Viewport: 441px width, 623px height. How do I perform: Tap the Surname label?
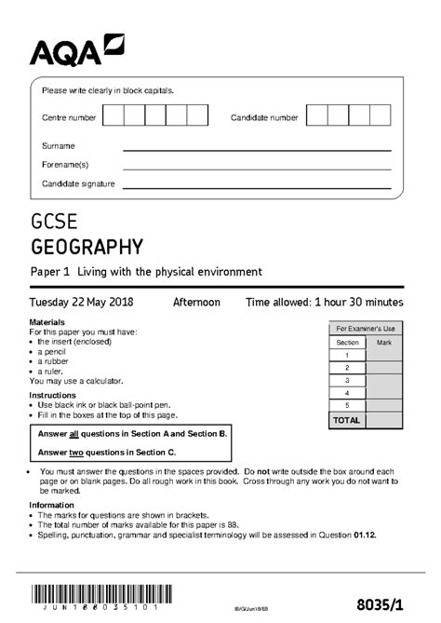point(58,146)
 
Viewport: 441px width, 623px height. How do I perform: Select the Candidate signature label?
point(78,183)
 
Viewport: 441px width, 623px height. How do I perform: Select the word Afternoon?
point(196,303)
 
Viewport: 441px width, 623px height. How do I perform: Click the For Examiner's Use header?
point(366,329)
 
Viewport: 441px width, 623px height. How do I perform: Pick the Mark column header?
point(383,343)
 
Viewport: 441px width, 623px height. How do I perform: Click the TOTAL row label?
point(347,421)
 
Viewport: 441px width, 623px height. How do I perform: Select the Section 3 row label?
point(347,381)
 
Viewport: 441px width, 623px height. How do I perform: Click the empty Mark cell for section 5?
point(383,407)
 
